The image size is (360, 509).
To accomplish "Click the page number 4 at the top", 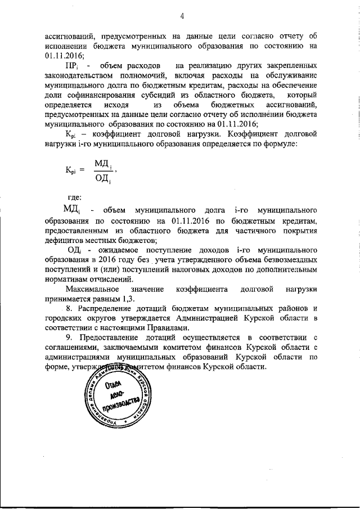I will (182, 15).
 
